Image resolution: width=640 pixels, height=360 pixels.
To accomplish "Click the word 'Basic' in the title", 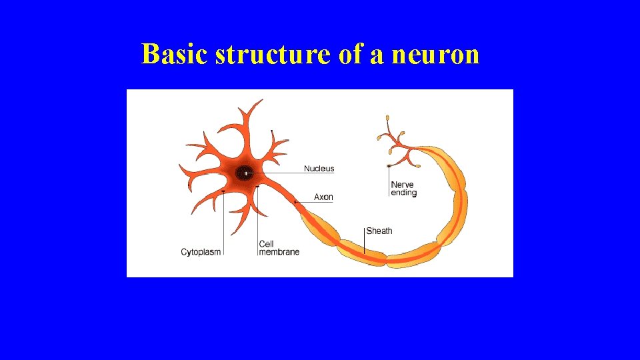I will pos(175,55).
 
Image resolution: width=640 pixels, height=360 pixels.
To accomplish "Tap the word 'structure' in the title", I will pos(272,55).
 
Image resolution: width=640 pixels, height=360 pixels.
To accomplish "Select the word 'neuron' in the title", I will pos(435,55).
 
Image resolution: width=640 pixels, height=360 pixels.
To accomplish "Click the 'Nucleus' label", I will pos(319,169).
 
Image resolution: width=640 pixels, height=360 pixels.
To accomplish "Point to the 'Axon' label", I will pos(323,197).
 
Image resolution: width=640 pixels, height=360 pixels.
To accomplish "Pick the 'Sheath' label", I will pos(379,231).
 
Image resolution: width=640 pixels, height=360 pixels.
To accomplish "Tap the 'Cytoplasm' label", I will pos(201,252).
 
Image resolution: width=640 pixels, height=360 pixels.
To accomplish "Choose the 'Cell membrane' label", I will pos(279,248).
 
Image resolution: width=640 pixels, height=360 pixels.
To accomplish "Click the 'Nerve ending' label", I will pos(403,189).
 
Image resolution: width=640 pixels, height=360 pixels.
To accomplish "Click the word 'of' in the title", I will pos(350,55).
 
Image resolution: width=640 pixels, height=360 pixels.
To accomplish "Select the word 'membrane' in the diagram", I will pos(279,252).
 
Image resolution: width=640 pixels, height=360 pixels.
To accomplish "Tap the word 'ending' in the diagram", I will pos(403,193).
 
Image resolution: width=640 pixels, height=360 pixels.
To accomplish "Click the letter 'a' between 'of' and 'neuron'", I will pos(377,56).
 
